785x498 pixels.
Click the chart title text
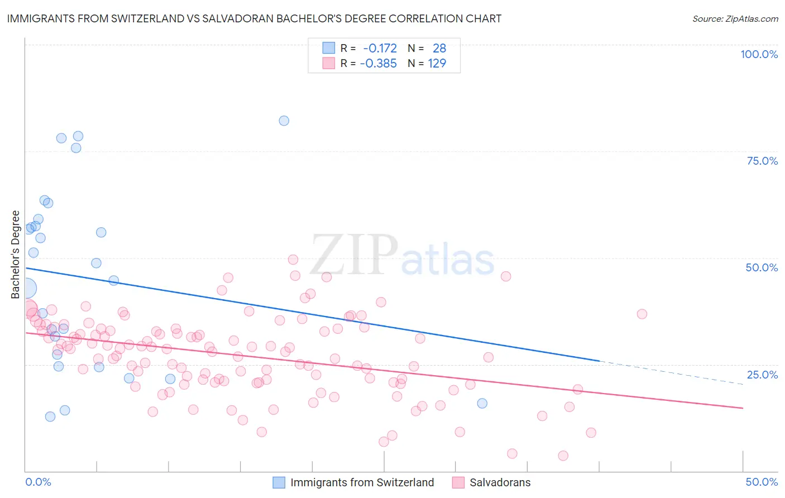tap(254, 18)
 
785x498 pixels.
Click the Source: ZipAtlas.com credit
tap(735, 18)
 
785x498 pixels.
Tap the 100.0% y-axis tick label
tap(759, 54)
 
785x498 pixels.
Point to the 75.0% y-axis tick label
tap(762, 161)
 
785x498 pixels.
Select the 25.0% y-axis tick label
tap(762, 375)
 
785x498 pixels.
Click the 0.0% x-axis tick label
tap(38, 482)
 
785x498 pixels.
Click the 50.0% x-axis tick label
tap(762, 482)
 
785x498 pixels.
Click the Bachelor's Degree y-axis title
tap(15, 255)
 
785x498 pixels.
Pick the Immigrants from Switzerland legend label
tap(362, 482)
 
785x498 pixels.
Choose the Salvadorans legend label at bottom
tap(500, 482)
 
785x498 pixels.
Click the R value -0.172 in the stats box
tap(380, 49)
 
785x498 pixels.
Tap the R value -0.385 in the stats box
tap(378, 64)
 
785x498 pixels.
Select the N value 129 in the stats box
tap(437, 64)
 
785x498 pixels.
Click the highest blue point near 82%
tap(284, 121)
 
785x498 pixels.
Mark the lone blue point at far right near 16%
tap(482, 403)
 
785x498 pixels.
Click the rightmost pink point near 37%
tap(642, 314)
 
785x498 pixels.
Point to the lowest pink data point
tap(563, 456)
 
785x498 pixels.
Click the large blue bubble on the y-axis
tap(26, 288)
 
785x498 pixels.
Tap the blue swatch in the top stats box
tap(329, 48)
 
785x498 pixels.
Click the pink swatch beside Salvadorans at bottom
tap(458, 482)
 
